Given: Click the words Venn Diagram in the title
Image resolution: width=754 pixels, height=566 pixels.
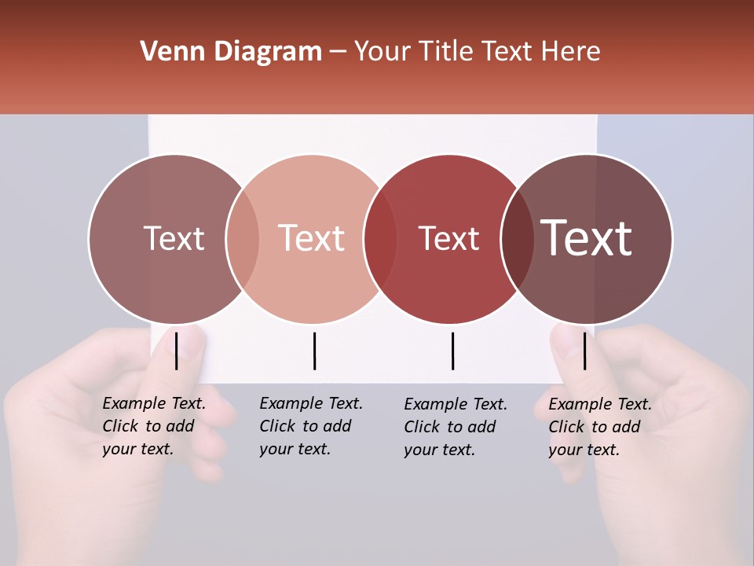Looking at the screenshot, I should pyautogui.click(x=231, y=52).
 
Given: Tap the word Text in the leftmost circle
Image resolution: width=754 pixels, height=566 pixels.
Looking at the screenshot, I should pyautogui.click(x=174, y=238).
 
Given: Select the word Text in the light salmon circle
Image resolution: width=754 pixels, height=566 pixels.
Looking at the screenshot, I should pyautogui.click(x=312, y=238).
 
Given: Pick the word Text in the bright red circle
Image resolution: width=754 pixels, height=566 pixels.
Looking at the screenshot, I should pyautogui.click(x=448, y=238).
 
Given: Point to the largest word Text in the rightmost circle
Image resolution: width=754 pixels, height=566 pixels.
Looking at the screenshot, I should pyautogui.click(x=587, y=237).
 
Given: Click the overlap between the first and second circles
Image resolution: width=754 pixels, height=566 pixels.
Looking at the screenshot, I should pyautogui.click(x=243, y=238).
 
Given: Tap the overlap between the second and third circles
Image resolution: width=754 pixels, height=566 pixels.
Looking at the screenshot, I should pyautogui.click(x=380, y=238).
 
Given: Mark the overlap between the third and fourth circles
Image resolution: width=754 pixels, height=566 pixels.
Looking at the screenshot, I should pyautogui.click(x=517, y=238).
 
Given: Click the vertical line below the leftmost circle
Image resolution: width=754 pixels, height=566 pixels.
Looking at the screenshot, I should pyautogui.click(x=177, y=351).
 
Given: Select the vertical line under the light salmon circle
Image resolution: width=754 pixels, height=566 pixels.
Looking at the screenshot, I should pyautogui.click(x=314, y=351).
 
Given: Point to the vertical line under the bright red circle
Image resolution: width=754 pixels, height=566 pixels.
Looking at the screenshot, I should pyautogui.click(x=452, y=351).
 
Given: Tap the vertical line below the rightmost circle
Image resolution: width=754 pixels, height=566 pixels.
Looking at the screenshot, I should pyautogui.click(x=584, y=351).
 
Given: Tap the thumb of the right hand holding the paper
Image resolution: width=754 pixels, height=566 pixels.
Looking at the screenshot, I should pyautogui.click(x=570, y=346).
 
